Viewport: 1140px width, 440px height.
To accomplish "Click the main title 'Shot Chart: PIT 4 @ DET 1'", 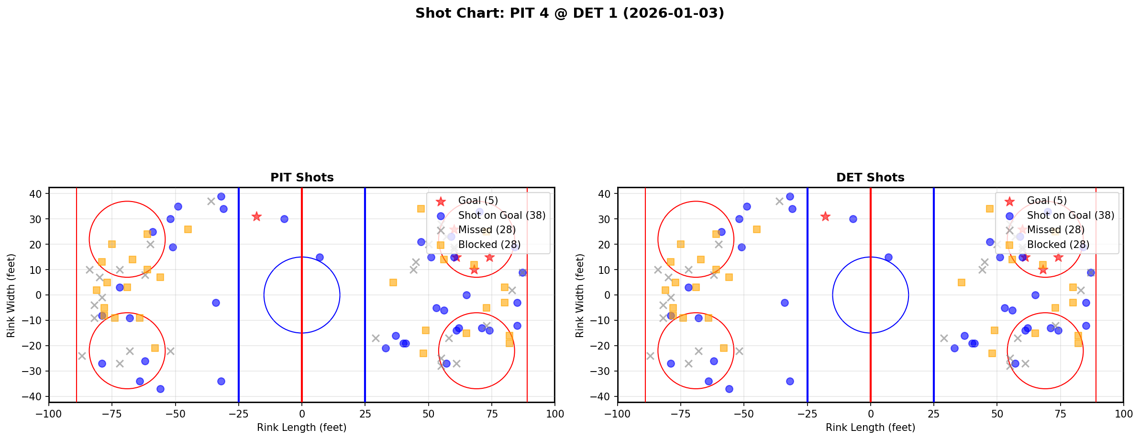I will pyautogui.click(x=569, y=13).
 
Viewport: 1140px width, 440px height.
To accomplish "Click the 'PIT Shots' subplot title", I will pyautogui.click(x=302, y=178).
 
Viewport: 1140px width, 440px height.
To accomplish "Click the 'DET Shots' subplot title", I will pyautogui.click(x=870, y=178).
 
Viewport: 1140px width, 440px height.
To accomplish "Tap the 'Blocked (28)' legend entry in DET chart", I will pyautogui.click(x=1058, y=245).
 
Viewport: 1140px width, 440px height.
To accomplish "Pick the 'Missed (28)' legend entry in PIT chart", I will pyautogui.click(x=487, y=230).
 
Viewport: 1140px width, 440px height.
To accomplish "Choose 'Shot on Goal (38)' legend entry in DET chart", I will pyautogui.click(x=1070, y=215).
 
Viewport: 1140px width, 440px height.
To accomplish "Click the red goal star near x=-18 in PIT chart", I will pyautogui.click(x=256, y=216).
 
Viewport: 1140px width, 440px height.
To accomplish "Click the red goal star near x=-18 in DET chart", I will pyautogui.click(x=825, y=216).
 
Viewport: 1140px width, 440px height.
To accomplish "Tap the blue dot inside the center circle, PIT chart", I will pyautogui.click(x=320, y=257).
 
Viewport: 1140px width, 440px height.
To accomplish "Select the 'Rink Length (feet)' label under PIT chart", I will pyautogui.click(x=302, y=428).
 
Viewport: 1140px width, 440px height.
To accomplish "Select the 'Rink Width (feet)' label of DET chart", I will pyautogui.click(x=579, y=295).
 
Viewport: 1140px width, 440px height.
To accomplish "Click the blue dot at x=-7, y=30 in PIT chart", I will pyautogui.click(x=284, y=219).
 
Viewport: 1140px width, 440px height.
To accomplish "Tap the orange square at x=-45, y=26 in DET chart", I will pyautogui.click(x=757, y=229).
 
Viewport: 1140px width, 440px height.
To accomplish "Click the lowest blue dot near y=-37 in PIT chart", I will pyautogui.click(x=160, y=389).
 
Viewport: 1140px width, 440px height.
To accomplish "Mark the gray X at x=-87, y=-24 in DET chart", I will pyautogui.click(x=650, y=356).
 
